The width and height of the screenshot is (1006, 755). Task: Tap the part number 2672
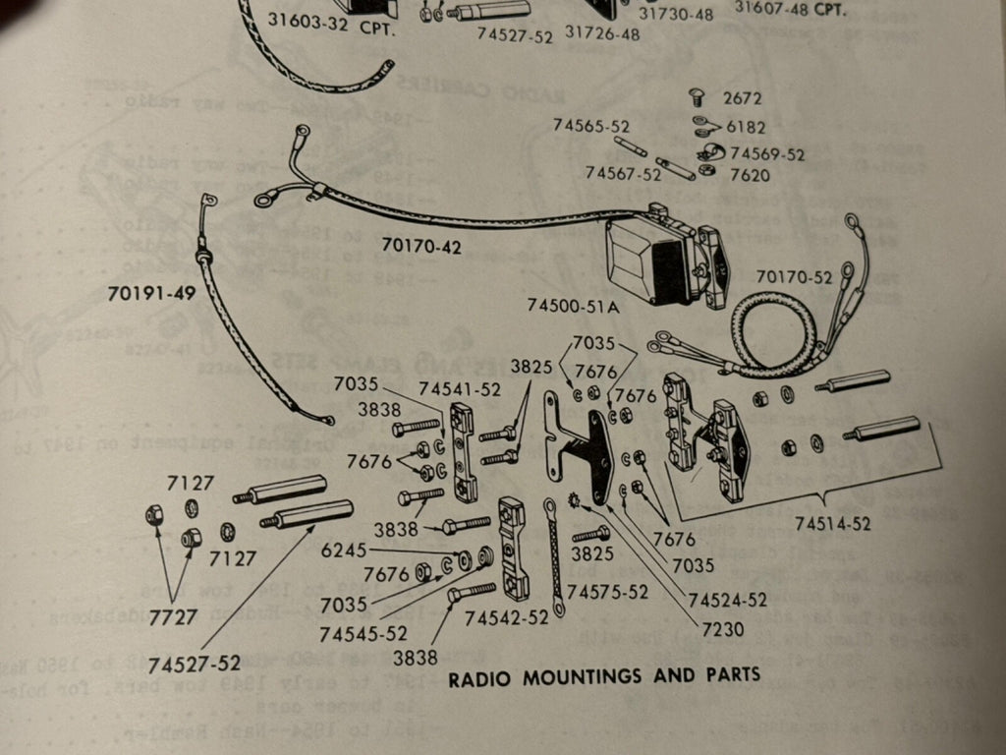point(742,98)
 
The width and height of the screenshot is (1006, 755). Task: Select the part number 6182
point(746,127)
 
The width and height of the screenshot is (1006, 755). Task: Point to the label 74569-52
point(767,155)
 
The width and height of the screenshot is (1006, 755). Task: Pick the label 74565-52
point(590,127)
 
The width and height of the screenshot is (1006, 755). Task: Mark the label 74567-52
point(623,174)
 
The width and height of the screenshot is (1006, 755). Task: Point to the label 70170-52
point(794,277)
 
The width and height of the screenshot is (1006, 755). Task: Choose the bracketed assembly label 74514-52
point(833,524)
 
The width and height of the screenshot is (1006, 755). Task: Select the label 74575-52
point(607,592)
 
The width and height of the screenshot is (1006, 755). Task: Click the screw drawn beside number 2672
point(698,97)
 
